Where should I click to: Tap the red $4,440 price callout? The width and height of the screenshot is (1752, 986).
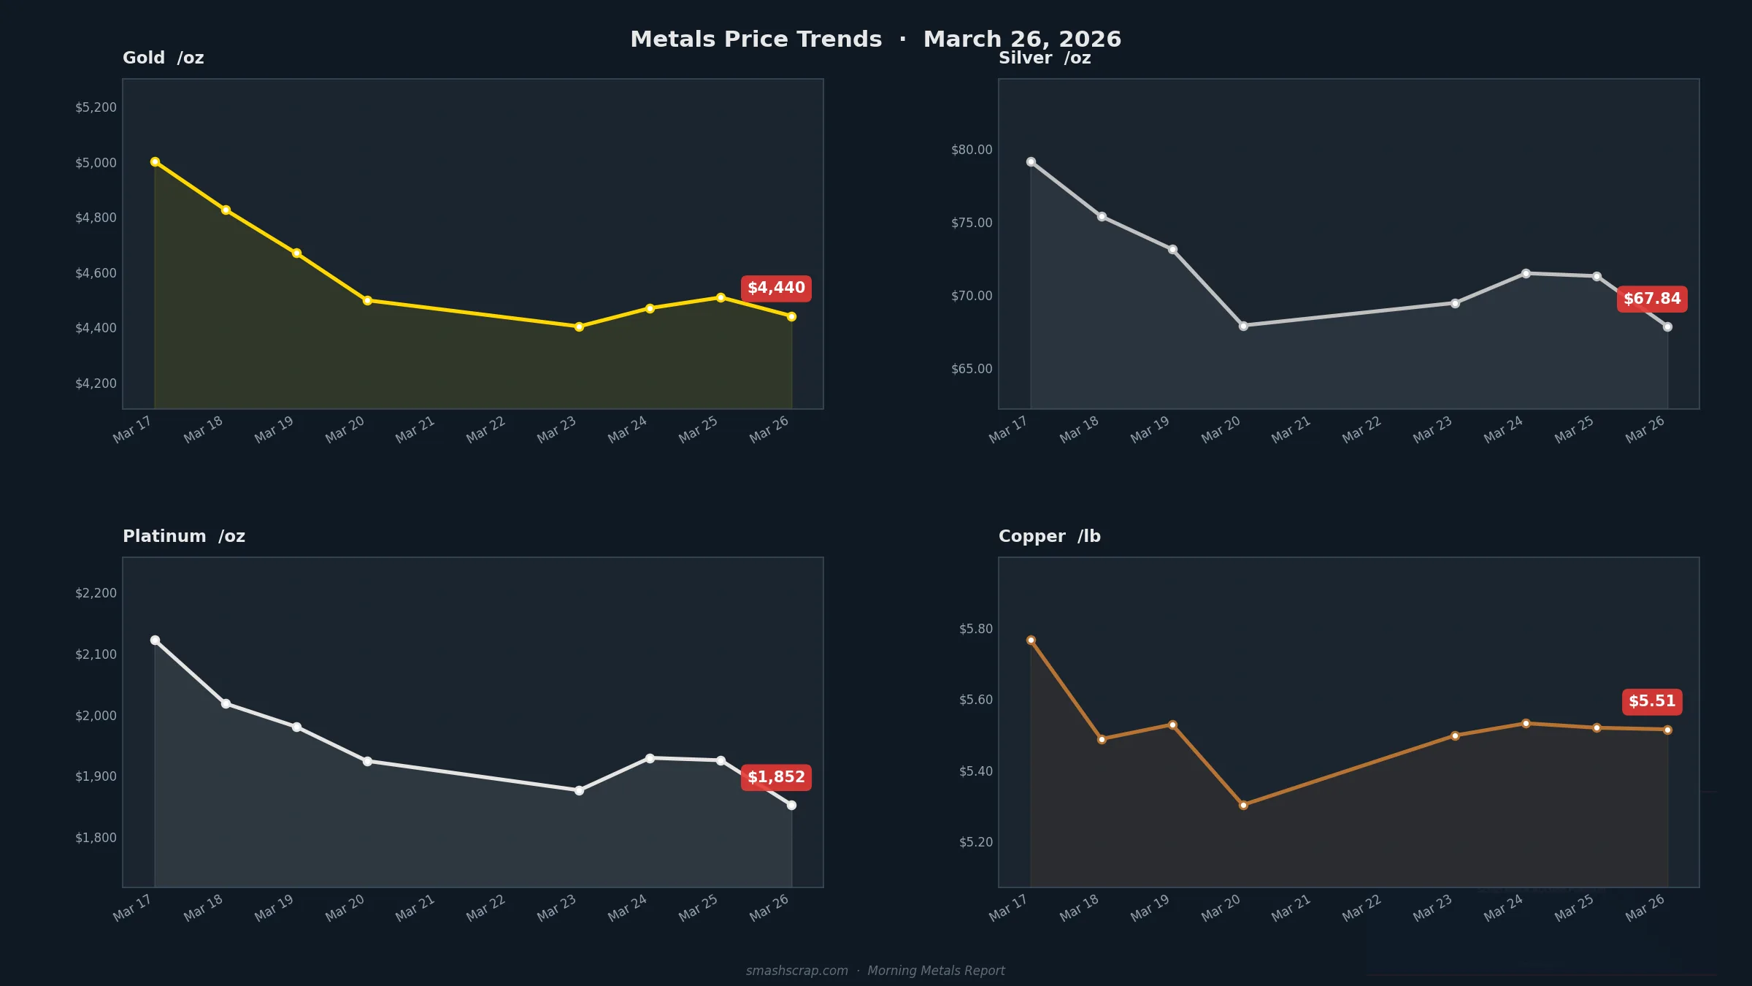click(776, 288)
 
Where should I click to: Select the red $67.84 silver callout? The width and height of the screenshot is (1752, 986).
click(1652, 299)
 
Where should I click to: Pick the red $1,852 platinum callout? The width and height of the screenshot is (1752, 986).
click(776, 777)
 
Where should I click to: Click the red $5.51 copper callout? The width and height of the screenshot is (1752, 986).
click(1652, 701)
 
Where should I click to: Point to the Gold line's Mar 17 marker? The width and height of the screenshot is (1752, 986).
click(155, 162)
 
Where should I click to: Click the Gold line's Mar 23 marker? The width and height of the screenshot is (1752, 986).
click(579, 327)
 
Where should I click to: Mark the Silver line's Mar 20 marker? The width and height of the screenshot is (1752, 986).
click(1243, 326)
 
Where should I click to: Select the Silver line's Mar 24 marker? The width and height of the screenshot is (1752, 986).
click(1526, 274)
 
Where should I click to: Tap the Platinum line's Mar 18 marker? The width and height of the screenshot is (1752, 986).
click(226, 704)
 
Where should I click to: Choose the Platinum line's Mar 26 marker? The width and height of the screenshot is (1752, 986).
click(791, 806)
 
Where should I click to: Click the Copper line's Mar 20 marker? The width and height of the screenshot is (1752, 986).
click(1243, 806)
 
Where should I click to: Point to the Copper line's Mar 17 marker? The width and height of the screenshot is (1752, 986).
click(1031, 641)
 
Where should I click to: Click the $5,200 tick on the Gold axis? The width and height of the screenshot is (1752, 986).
click(96, 107)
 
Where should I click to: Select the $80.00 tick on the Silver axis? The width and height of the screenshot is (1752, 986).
click(972, 150)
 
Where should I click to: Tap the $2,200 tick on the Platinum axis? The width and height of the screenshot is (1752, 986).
click(96, 593)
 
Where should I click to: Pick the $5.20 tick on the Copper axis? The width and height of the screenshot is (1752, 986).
click(976, 842)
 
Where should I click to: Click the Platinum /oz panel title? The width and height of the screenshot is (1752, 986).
click(184, 536)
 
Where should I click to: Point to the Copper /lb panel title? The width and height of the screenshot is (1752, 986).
click(1049, 536)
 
